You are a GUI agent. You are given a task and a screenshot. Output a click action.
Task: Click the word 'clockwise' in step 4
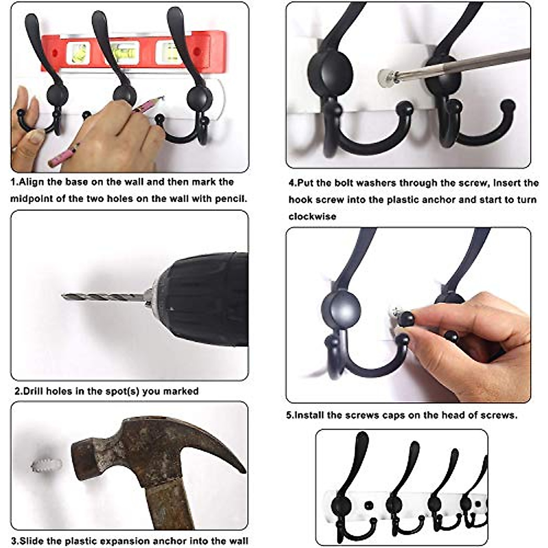click(x=312, y=216)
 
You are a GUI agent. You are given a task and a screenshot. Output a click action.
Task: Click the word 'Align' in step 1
click(x=30, y=182)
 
